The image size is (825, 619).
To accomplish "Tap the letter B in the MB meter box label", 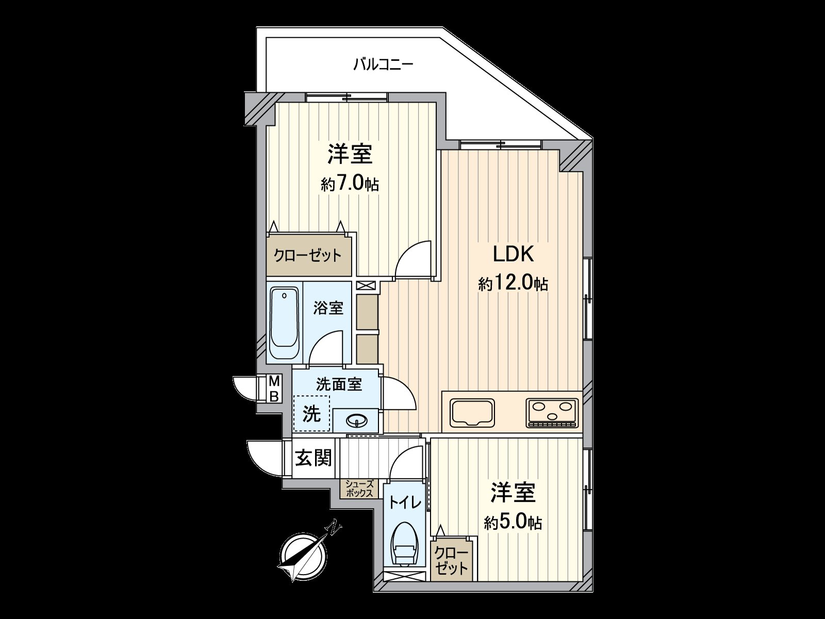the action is (275, 396).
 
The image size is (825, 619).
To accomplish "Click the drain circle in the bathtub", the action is (285, 296).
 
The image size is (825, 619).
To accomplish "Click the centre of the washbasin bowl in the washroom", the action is (357, 421).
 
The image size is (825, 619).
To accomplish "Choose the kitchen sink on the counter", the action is (473, 413).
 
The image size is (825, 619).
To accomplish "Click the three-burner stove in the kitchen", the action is (552, 413).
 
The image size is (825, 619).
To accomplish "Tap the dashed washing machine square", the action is (311, 413).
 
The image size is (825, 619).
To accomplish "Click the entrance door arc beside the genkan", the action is (265, 459).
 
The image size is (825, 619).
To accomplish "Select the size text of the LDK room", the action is (513, 284).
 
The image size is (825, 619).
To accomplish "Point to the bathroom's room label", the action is (328, 308).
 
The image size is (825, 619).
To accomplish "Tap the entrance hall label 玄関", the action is (313, 458).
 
